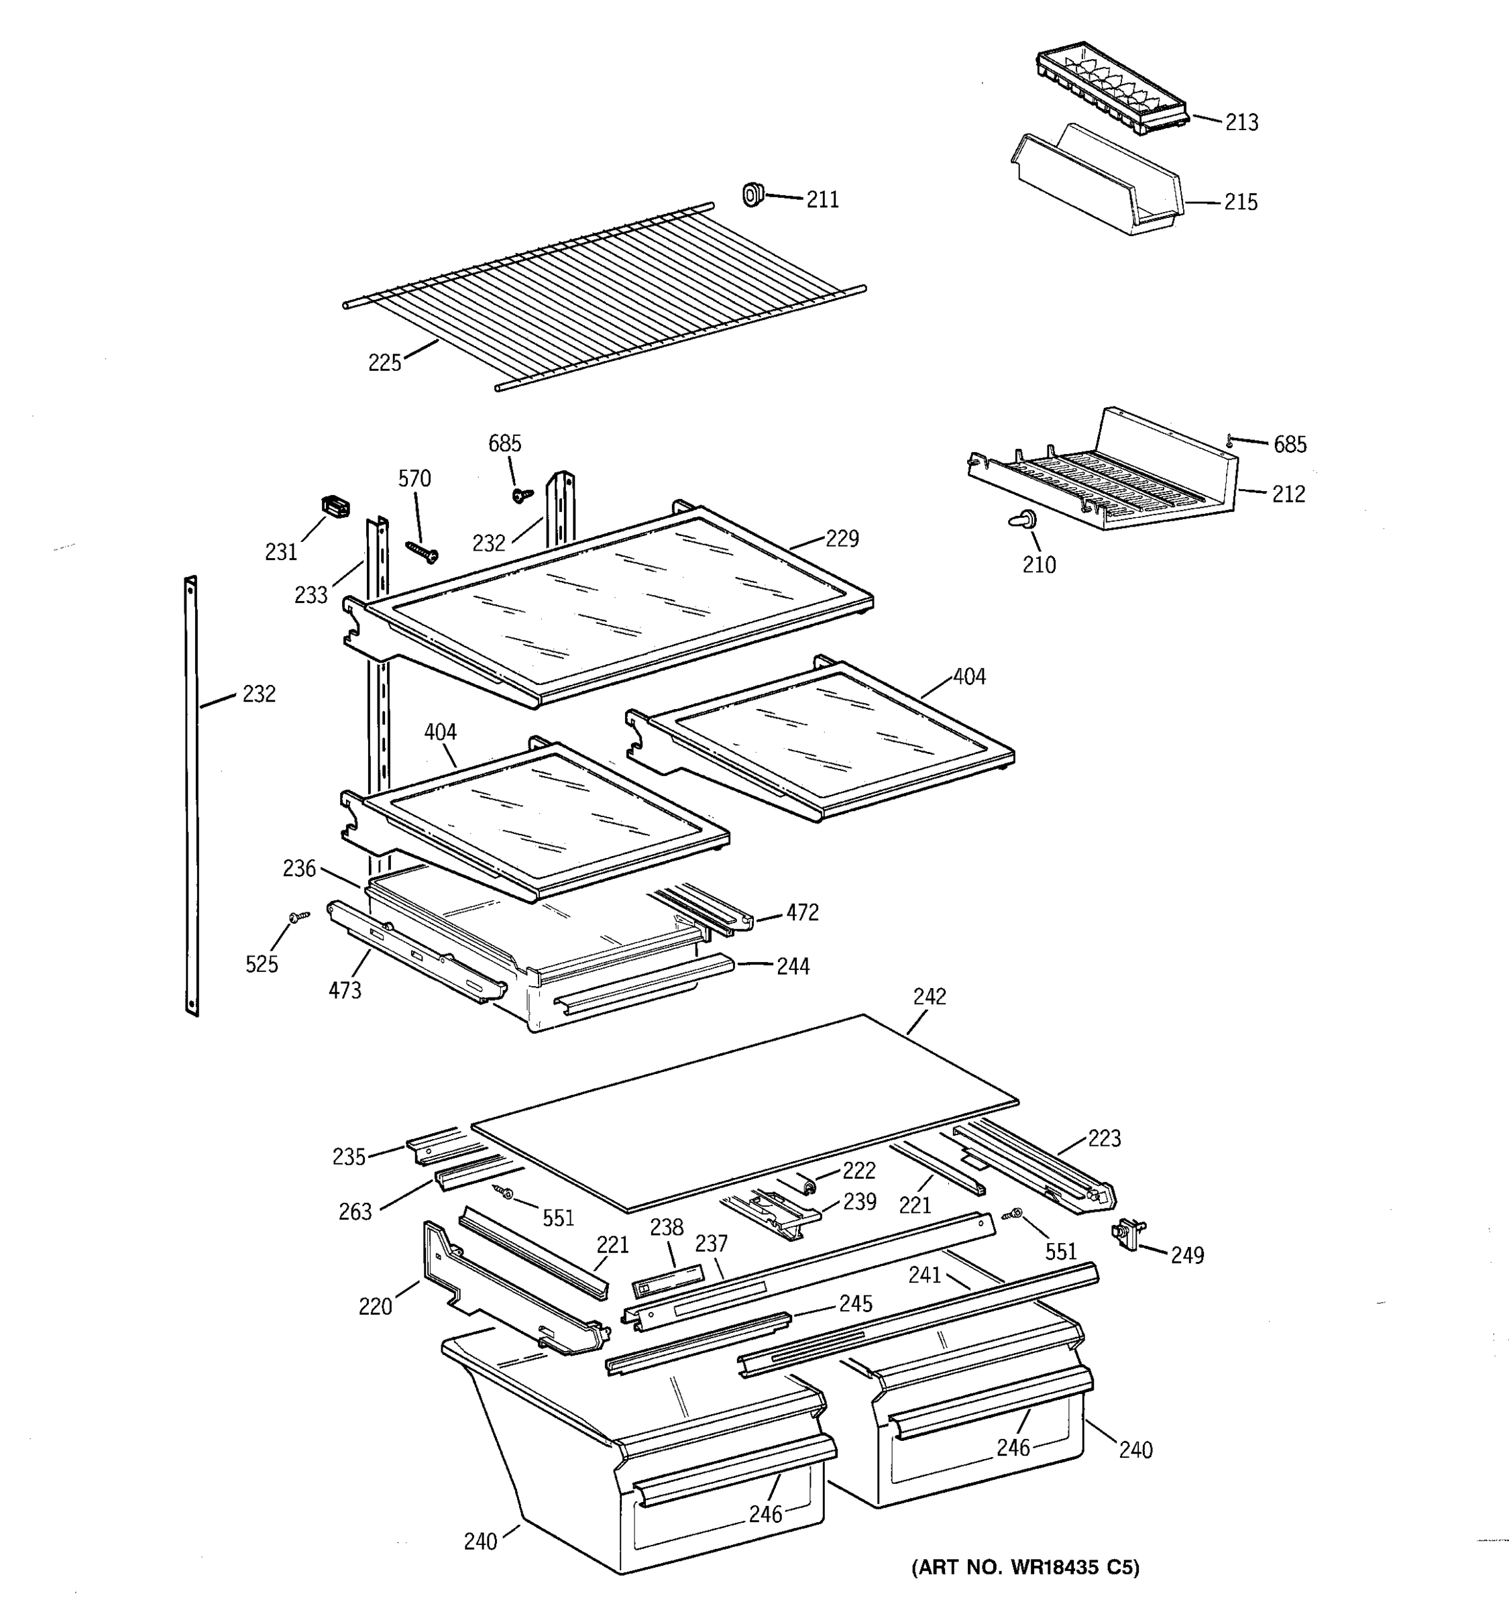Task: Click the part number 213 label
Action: click(1241, 122)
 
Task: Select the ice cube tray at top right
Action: click(1111, 91)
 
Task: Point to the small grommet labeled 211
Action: click(753, 195)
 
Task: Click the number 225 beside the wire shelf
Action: click(384, 363)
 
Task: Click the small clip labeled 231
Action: click(335, 507)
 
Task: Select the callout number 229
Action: click(842, 539)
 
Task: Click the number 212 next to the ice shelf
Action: click(1288, 494)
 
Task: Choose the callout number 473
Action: click(345, 989)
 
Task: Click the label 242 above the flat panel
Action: click(930, 997)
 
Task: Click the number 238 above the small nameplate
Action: click(666, 1228)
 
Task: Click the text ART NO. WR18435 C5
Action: click(1025, 1567)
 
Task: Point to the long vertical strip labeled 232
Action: click(192, 796)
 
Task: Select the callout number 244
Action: click(793, 966)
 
